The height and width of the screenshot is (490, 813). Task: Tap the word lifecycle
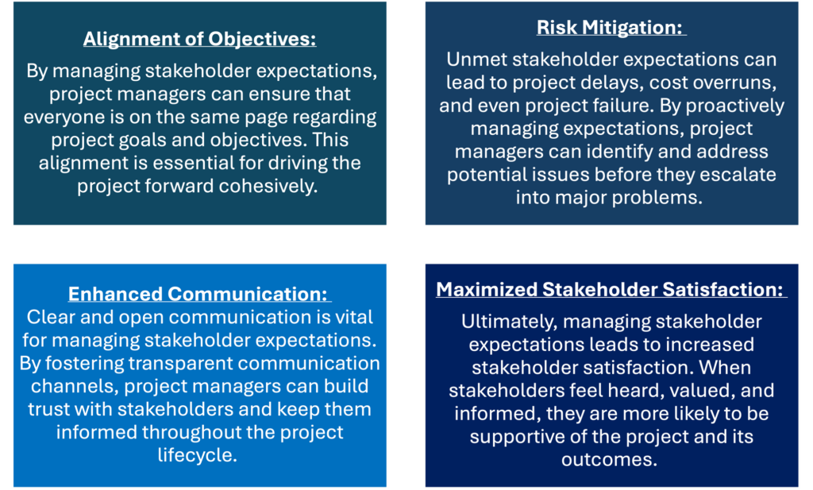coord(197,455)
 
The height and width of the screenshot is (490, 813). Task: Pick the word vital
coord(354,317)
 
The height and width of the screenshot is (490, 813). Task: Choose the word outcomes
coord(609,459)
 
